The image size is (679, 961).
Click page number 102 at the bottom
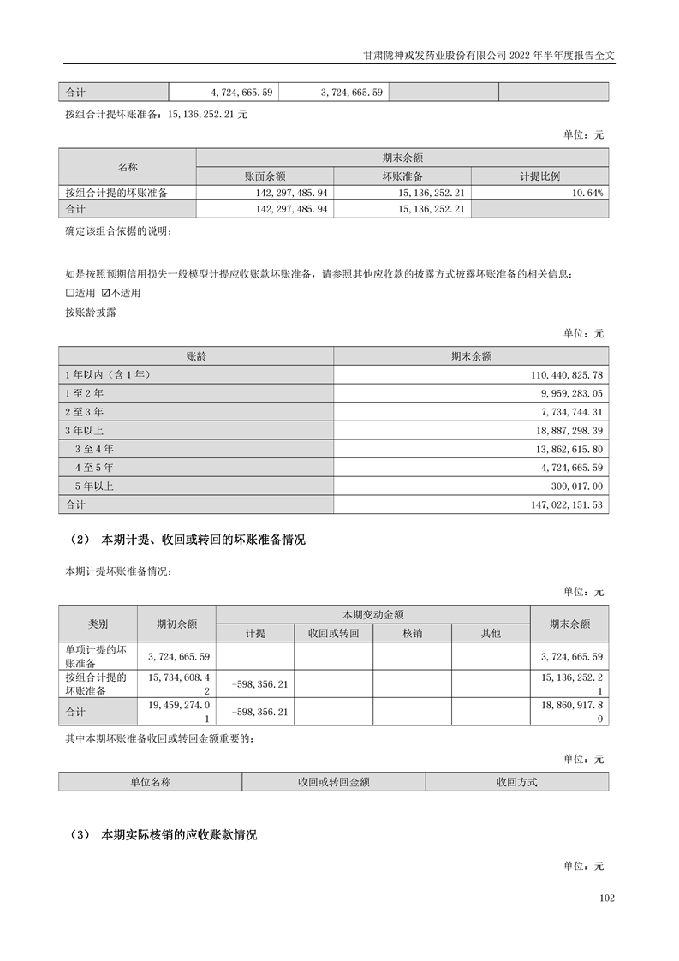tap(607, 898)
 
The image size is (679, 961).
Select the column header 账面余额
tap(265, 176)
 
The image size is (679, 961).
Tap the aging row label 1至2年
tap(84, 394)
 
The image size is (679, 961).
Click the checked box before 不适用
tap(106, 293)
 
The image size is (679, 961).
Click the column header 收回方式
tap(516, 782)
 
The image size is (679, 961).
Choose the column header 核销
tap(412, 633)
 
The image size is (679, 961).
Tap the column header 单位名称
tap(151, 782)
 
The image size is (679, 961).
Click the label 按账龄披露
tap(91, 313)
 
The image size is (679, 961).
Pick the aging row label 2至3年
tap(84, 413)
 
